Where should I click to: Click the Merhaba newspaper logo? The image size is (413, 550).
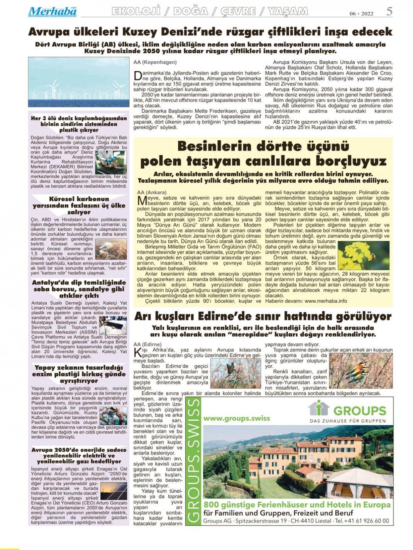coord(52,12)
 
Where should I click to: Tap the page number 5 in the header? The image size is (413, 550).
coord(389,11)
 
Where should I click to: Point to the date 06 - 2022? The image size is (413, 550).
coord(361,13)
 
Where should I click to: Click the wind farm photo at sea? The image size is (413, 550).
coord(78,82)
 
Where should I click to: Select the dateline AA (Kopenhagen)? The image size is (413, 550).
coord(155,62)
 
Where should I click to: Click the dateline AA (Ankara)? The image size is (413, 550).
coord(152,192)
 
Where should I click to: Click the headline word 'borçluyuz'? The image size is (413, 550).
coord(348,161)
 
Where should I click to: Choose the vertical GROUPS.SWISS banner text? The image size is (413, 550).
coord(193,461)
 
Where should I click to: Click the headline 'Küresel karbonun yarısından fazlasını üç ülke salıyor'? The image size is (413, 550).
coord(79,206)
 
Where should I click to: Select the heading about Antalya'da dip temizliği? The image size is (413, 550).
coord(79,288)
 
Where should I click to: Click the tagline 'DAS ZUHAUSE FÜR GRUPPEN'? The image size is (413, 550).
coord(347,420)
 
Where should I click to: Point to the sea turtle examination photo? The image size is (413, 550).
coord(111,162)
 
